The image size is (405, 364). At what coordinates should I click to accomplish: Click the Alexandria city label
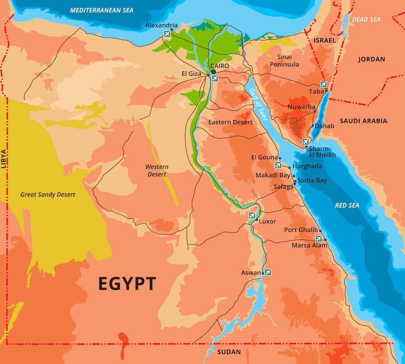(161, 25)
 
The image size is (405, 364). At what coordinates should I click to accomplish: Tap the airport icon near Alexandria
(167, 34)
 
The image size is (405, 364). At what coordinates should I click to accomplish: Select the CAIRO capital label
(219, 66)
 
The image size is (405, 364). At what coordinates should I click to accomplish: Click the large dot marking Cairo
(213, 72)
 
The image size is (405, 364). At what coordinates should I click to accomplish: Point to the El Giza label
(192, 74)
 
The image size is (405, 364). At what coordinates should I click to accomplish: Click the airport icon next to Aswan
(268, 272)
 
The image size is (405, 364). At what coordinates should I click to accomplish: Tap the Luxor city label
(267, 221)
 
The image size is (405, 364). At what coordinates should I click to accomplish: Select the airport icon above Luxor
(252, 215)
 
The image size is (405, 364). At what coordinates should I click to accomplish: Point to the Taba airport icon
(323, 84)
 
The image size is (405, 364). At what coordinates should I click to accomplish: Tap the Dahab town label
(324, 126)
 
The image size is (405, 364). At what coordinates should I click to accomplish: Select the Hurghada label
(307, 166)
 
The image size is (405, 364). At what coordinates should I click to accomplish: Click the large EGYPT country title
(127, 284)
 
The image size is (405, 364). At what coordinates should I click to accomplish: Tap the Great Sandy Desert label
(48, 195)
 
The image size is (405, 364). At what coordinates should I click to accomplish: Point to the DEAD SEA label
(366, 19)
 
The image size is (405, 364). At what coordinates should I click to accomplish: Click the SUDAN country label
(229, 352)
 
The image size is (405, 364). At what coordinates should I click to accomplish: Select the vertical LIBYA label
(4, 158)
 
